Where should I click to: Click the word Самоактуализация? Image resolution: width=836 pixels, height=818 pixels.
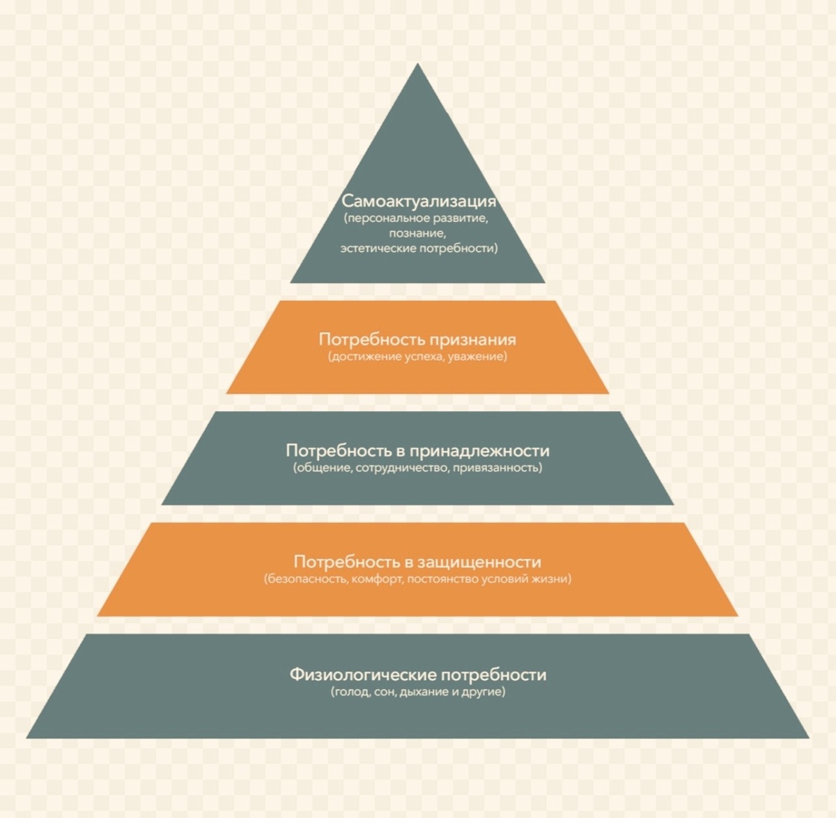point(418,201)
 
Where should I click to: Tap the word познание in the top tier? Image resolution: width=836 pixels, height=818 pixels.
point(417,233)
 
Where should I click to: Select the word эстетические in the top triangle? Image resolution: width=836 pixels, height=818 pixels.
point(376,249)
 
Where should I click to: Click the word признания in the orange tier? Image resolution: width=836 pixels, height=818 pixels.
point(472,340)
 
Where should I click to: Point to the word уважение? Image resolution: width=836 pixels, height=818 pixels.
point(479,356)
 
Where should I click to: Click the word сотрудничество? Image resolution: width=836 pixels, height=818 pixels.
point(401,468)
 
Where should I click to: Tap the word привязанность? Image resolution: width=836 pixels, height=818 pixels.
point(497,468)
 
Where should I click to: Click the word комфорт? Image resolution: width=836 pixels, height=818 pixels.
point(378,579)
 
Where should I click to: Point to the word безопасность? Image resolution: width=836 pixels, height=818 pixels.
point(306,579)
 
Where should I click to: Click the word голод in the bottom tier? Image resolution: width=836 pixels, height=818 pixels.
point(352,692)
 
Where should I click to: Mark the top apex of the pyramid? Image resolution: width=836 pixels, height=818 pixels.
point(417,65)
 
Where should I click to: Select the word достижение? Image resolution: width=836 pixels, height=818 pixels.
point(364,356)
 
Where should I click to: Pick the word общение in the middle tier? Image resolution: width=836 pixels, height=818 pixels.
point(323,468)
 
